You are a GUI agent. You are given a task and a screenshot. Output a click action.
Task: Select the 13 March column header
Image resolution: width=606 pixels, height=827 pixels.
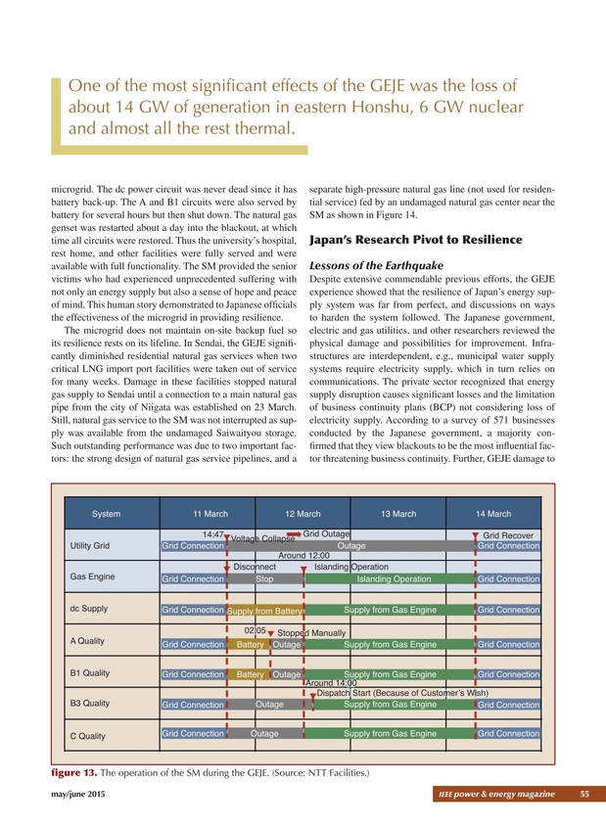tap(398, 514)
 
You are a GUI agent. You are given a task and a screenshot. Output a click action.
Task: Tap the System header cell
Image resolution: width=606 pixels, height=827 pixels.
tap(107, 514)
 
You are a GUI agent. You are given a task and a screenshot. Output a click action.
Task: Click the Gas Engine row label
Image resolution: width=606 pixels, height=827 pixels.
tap(88, 575)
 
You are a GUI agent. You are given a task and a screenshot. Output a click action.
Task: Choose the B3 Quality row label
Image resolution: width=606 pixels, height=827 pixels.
tap(89, 704)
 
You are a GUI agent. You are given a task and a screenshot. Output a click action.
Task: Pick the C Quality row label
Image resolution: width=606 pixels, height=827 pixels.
tap(87, 736)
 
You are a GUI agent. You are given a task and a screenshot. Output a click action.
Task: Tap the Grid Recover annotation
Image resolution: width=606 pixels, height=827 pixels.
tap(508, 535)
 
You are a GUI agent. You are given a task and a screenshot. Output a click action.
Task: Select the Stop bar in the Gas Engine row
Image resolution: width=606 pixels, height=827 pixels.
tap(264, 579)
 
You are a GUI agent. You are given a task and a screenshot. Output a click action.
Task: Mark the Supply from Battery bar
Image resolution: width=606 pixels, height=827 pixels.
tap(265, 612)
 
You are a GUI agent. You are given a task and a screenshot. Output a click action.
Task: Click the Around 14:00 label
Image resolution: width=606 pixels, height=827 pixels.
tap(331, 683)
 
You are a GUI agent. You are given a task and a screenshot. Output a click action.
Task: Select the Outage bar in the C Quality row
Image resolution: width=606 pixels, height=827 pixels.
tap(264, 733)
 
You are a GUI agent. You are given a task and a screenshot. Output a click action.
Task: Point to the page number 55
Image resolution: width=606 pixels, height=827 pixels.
tap(583, 792)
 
